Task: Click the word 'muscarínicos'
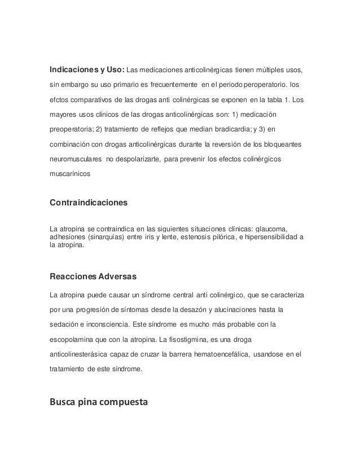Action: point(69,175)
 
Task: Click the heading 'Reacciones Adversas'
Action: point(93,278)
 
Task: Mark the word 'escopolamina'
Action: point(74,341)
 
